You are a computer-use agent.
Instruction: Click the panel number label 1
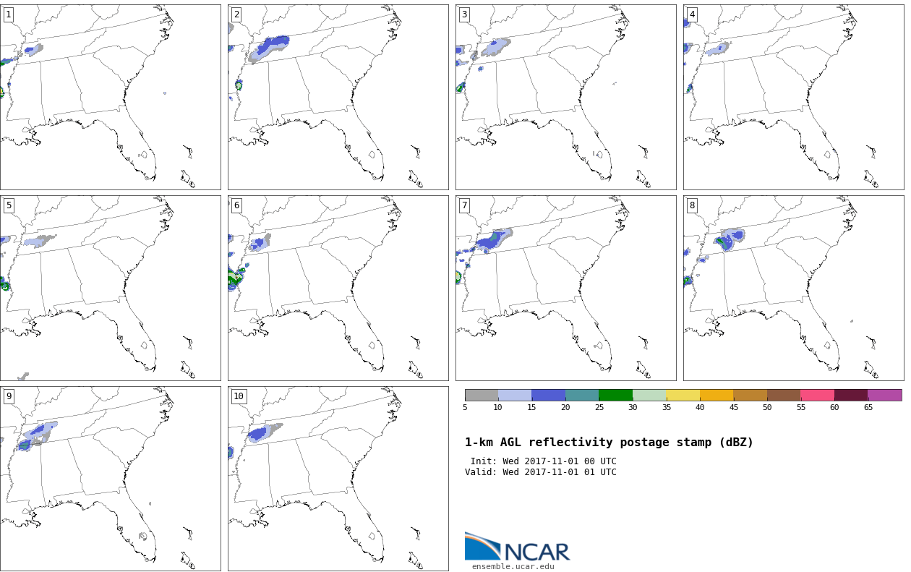click(x=9, y=15)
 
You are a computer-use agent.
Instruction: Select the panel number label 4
click(x=692, y=15)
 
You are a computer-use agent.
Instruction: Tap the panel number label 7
click(x=464, y=206)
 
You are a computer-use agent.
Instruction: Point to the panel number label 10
click(x=239, y=396)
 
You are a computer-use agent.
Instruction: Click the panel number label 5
click(x=9, y=206)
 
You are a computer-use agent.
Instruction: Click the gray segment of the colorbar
click(x=482, y=396)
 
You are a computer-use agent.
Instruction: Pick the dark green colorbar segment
click(x=616, y=396)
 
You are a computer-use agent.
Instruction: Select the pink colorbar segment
click(x=818, y=396)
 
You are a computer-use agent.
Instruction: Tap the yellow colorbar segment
click(x=683, y=396)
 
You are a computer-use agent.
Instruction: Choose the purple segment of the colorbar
click(x=884, y=396)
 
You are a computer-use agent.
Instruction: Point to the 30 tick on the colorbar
click(x=633, y=407)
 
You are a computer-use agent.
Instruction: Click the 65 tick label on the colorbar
click(x=868, y=407)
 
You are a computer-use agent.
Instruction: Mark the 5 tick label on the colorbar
click(x=465, y=407)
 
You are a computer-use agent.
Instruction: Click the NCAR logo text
click(x=537, y=552)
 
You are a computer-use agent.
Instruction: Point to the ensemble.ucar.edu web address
click(x=513, y=566)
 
